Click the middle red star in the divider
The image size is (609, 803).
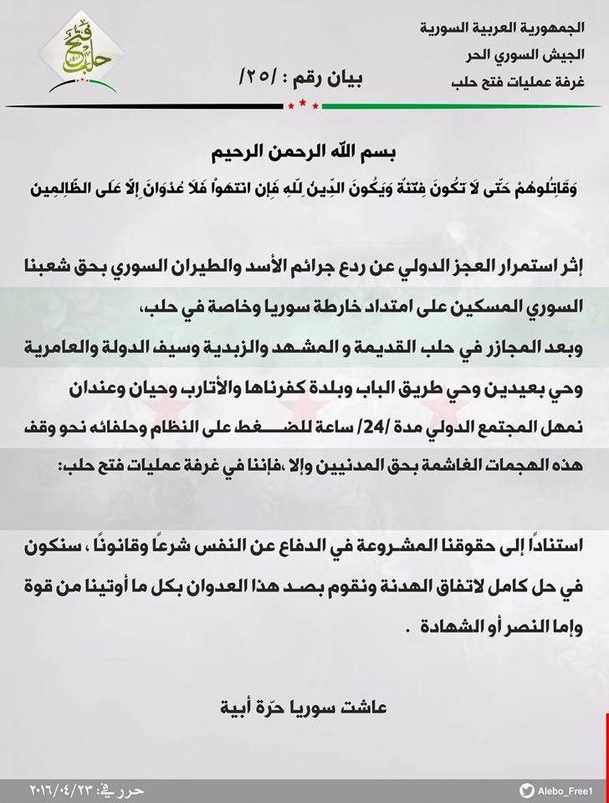point(304,105)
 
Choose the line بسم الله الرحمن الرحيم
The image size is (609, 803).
point(304,156)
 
